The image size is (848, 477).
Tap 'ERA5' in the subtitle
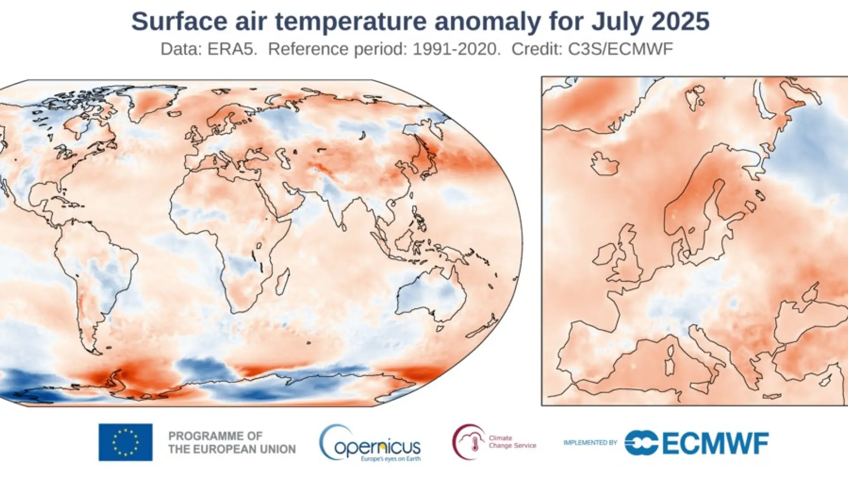click(232, 49)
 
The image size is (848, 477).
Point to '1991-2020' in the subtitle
click(455, 49)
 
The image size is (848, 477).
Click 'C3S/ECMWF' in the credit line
click(620, 49)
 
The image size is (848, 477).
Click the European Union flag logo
click(125, 442)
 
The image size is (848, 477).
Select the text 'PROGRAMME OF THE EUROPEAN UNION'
click(232, 443)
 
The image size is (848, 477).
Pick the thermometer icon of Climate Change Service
click(475, 443)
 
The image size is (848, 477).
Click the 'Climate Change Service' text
click(512, 442)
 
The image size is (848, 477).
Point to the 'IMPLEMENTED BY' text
click(590, 443)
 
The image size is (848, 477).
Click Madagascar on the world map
click(283, 281)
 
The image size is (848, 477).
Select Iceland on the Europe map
click(605, 163)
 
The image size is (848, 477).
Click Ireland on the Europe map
click(604, 255)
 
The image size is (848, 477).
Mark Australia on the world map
click(431, 296)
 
